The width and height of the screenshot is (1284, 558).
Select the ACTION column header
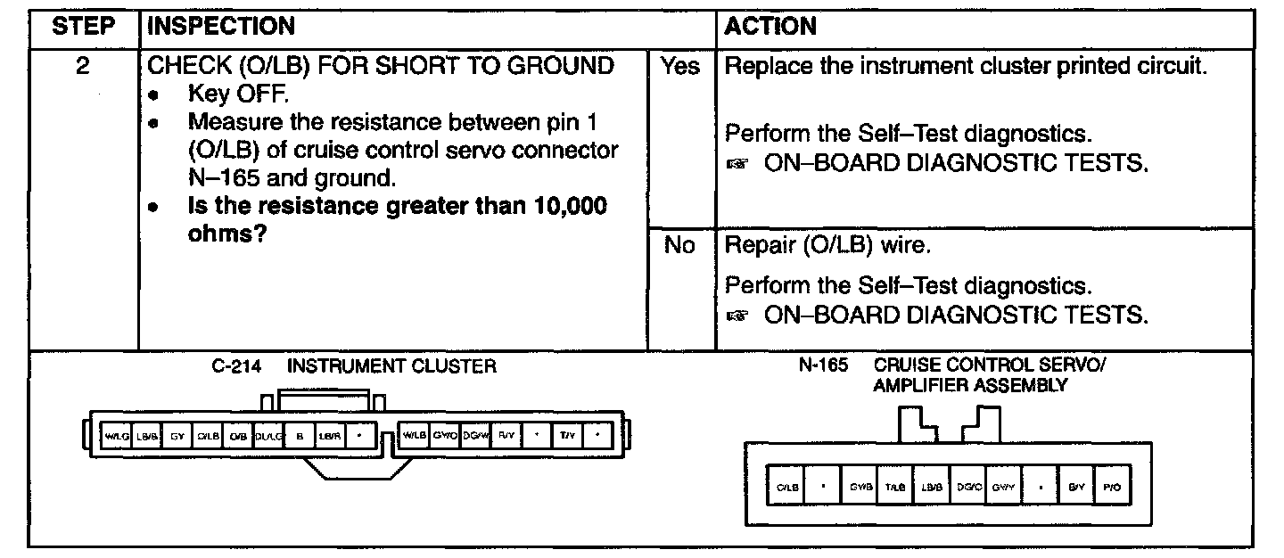click(770, 27)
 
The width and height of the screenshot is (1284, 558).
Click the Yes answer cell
click(680, 67)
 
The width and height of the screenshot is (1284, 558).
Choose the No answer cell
click(680, 245)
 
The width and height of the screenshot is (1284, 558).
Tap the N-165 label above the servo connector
click(823, 365)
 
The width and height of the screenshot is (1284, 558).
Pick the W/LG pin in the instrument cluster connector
click(118, 436)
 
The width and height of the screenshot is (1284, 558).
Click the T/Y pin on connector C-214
click(568, 436)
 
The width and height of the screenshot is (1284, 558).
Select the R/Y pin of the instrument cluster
click(506, 436)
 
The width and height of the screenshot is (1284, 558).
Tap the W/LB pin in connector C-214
click(414, 436)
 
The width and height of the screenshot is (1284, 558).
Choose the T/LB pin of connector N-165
click(894, 488)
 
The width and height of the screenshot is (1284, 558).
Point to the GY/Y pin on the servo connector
click(1003, 488)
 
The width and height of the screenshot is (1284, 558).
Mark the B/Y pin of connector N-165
click(1075, 488)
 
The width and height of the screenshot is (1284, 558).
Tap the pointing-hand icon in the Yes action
click(736, 166)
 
